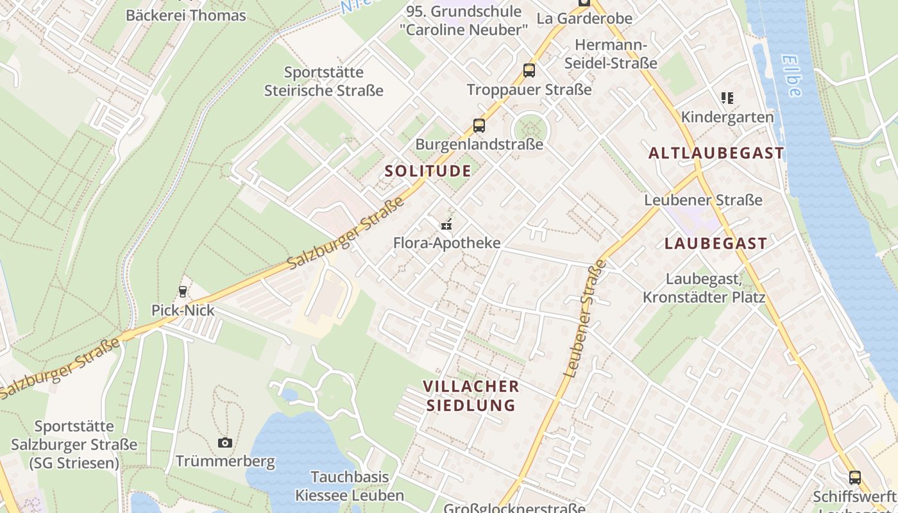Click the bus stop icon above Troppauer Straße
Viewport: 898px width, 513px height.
click(x=529, y=71)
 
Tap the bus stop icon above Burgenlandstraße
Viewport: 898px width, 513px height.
click(x=479, y=126)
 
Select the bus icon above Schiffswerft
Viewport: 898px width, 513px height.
click(x=855, y=477)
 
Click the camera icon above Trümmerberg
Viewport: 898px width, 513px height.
click(x=224, y=442)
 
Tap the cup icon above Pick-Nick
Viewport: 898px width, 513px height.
click(x=183, y=292)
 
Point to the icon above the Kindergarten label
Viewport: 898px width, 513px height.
click(x=727, y=98)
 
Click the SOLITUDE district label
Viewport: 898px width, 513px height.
click(x=428, y=171)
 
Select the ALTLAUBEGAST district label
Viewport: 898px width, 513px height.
click(x=716, y=153)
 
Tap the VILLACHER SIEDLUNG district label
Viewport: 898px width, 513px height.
click(x=471, y=396)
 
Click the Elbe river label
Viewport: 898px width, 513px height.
click(x=792, y=76)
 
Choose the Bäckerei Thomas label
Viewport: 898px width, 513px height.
click(x=186, y=15)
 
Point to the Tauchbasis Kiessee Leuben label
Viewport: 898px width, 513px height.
click(x=350, y=486)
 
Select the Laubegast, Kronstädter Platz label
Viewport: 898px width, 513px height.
click(x=704, y=288)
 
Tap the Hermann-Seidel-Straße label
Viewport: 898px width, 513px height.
click(x=616, y=54)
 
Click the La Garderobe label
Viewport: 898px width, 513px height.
click(x=584, y=18)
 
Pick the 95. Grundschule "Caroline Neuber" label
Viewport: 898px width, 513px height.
click(x=464, y=21)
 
